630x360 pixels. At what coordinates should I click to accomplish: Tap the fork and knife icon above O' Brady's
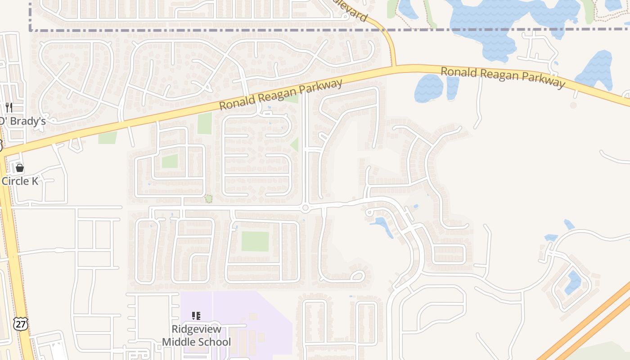click(x=9, y=107)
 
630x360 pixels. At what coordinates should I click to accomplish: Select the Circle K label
click(x=20, y=181)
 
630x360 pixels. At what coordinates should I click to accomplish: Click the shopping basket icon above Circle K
click(x=20, y=168)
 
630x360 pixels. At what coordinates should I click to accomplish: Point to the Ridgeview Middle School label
click(x=196, y=336)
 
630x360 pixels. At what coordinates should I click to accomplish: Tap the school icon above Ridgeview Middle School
click(x=196, y=316)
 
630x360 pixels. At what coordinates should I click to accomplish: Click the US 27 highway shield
click(x=21, y=324)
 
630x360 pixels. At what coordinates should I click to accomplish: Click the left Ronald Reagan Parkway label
click(x=281, y=94)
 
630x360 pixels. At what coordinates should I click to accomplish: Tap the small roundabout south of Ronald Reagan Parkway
click(x=305, y=208)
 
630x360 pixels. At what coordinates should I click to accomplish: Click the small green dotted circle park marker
click(x=208, y=198)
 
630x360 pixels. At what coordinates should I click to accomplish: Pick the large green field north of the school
click(x=255, y=242)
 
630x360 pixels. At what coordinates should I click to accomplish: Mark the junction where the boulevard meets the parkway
click(x=395, y=67)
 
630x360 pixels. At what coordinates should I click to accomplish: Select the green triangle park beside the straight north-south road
click(x=295, y=144)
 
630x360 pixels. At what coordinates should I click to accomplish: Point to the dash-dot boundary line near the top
click(x=225, y=30)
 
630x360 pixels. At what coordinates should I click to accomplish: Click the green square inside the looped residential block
click(x=170, y=161)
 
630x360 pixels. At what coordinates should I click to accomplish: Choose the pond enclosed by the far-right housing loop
click(x=572, y=282)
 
